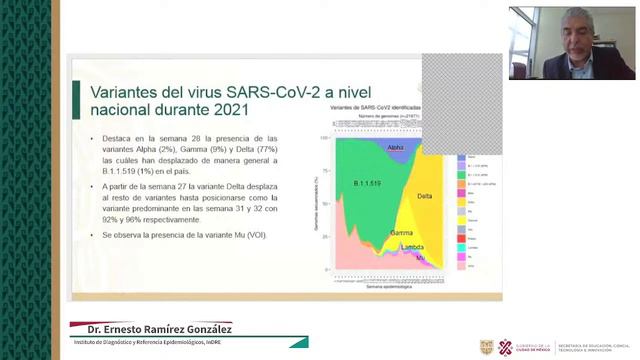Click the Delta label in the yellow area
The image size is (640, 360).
click(x=425, y=196)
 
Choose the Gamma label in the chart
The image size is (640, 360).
click(x=402, y=233)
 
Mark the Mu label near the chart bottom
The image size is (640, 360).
click(x=420, y=258)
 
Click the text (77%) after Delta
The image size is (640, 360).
click(x=267, y=149)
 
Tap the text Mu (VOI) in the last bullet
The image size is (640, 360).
click(x=246, y=234)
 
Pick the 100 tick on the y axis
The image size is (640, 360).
click(x=324, y=138)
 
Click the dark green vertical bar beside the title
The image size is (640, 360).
click(x=77, y=100)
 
